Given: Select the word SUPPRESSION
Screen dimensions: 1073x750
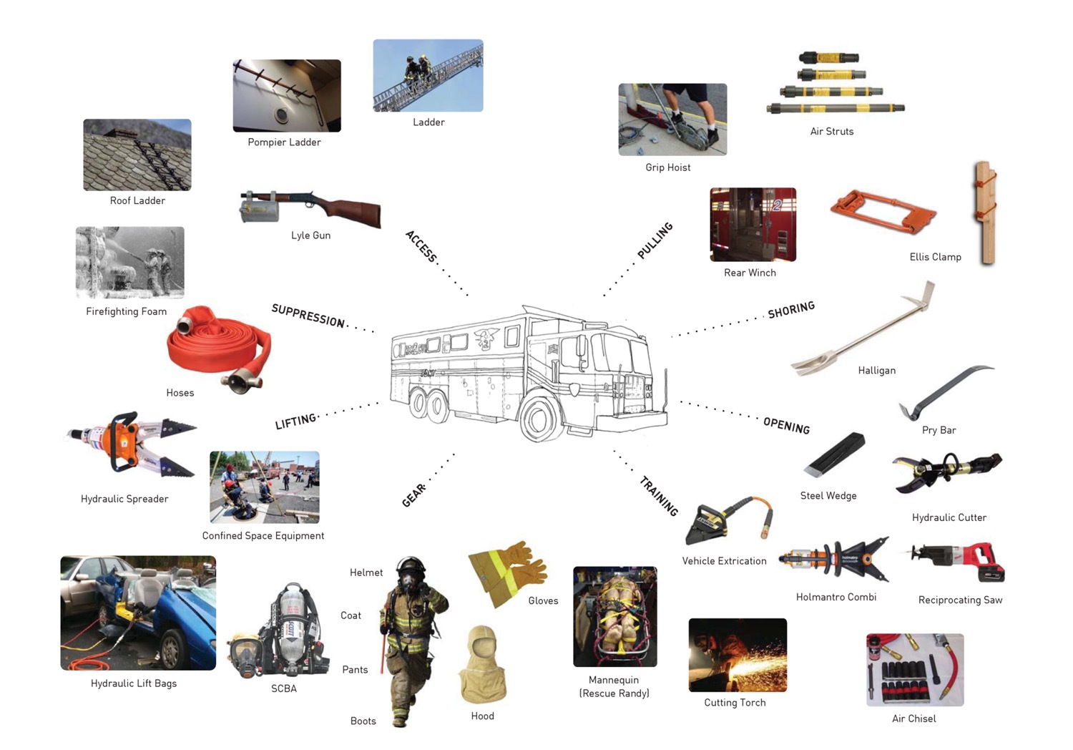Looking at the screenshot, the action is click(308, 316).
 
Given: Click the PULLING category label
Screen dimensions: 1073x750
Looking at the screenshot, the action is click(655, 240).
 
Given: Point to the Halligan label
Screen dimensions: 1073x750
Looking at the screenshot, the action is click(876, 371).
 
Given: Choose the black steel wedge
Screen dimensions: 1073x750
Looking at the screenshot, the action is click(834, 454).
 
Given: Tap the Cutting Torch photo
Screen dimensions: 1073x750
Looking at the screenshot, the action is click(738, 655).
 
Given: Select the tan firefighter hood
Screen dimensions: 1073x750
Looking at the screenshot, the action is click(482, 664).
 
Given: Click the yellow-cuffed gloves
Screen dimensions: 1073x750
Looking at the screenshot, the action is click(508, 573).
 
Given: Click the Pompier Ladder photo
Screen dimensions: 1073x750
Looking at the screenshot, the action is click(287, 96).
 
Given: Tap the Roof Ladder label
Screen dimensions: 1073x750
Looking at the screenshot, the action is click(137, 201).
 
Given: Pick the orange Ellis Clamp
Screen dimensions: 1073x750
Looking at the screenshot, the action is click(883, 212).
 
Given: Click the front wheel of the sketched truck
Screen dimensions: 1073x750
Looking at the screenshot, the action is click(543, 417).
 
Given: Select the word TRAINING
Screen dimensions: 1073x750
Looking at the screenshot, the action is click(659, 496).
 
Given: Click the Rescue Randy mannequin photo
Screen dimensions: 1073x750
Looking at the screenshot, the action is click(615, 617).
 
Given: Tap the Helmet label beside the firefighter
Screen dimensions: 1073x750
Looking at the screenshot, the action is click(366, 573).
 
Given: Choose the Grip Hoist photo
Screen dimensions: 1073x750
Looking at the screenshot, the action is click(672, 120).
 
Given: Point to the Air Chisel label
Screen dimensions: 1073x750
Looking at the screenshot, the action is click(913, 719).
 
